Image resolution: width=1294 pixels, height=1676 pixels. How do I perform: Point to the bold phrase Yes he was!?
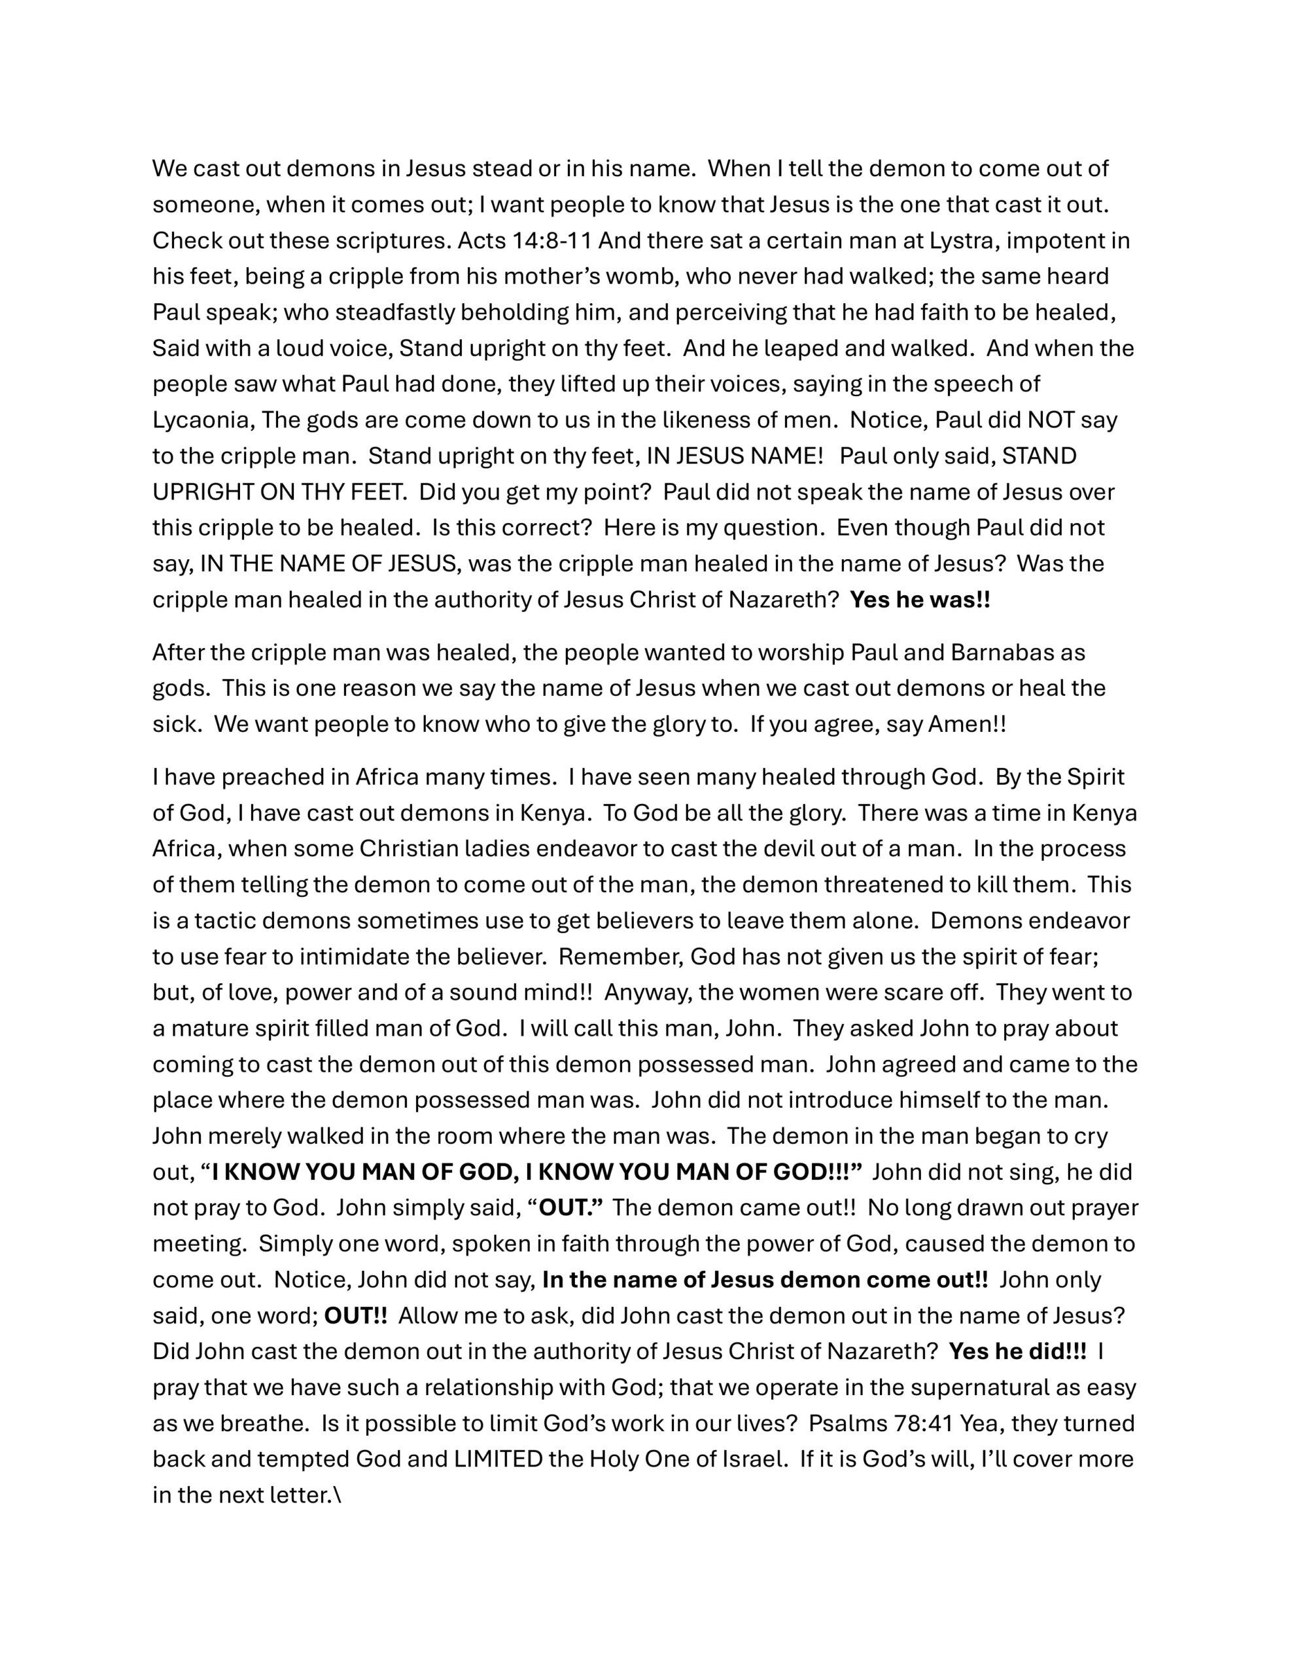tap(920, 599)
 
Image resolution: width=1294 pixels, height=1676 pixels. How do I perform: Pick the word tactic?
tap(226, 921)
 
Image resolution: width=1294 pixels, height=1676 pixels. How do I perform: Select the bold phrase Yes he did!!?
tap(1017, 1351)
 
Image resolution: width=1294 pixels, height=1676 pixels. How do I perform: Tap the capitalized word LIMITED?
tap(498, 1459)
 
